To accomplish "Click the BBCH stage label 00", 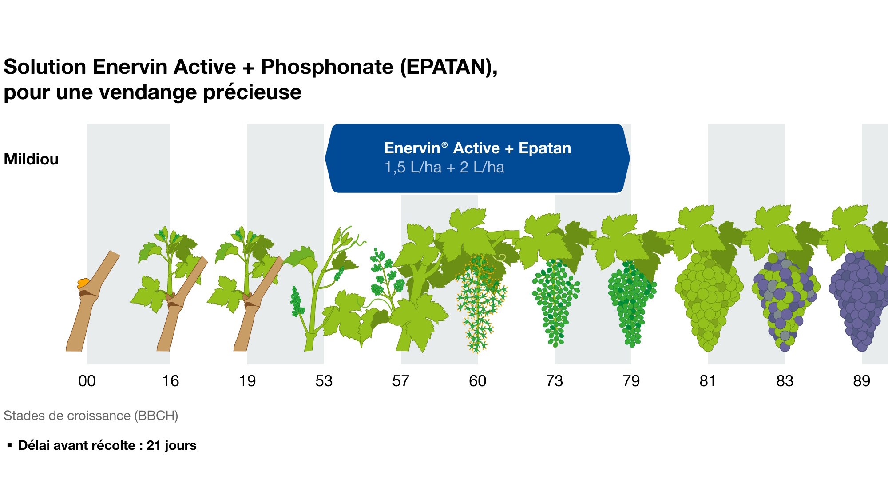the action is (x=87, y=381).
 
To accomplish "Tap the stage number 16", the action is (x=170, y=381).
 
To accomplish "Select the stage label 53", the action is (x=324, y=381).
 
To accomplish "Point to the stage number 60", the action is (x=477, y=381).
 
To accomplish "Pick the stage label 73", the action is (x=554, y=381).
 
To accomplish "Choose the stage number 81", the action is (x=708, y=381).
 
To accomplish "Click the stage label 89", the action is (x=861, y=381).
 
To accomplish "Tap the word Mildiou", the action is (x=31, y=159).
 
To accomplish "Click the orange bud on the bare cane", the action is (x=83, y=283).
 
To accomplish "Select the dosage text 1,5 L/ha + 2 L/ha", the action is (x=444, y=168).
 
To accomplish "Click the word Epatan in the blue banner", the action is (x=545, y=148).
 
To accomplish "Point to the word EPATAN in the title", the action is (x=446, y=67).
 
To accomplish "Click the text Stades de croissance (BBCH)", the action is (x=91, y=416).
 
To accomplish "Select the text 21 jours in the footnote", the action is (x=171, y=445).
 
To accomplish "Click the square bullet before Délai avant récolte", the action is (x=9, y=445).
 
